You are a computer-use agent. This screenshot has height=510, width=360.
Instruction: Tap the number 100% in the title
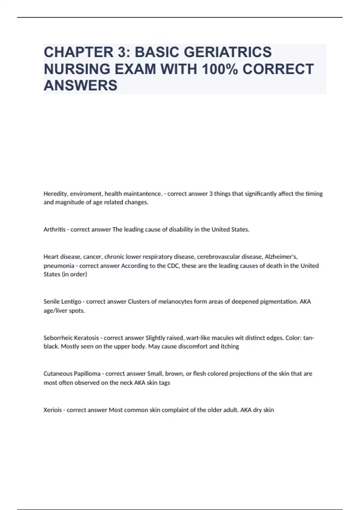pos(220,69)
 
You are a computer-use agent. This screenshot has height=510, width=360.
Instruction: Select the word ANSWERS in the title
pos(80,85)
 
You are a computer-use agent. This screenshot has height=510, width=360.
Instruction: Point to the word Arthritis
pos(54,229)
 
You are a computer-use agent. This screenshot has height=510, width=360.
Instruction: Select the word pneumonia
pos(59,266)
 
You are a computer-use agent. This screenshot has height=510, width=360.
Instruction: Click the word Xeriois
pos(52,410)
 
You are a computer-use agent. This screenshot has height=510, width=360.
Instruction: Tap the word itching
pos(230,346)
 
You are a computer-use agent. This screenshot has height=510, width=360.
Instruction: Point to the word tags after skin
pos(164,383)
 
